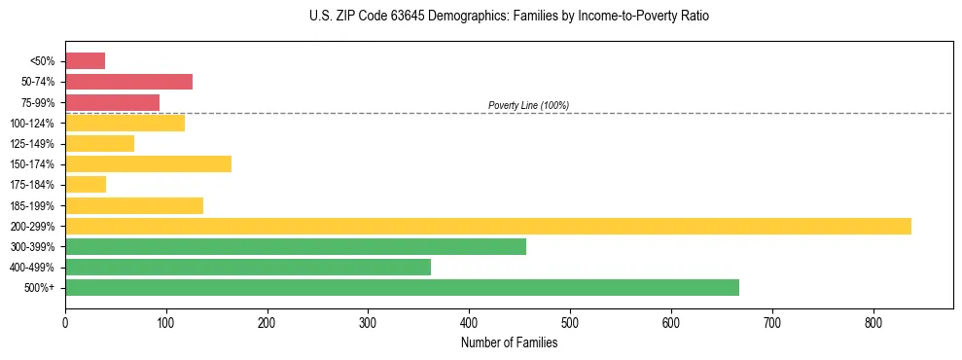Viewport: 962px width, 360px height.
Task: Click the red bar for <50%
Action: tap(85, 61)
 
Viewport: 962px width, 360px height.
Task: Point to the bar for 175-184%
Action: tap(86, 184)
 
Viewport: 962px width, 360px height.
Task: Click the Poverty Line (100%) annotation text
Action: tap(528, 105)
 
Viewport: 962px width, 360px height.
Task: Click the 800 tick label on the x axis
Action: tap(873, 323)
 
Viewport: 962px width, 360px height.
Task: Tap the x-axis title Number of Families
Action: tap(509, 342)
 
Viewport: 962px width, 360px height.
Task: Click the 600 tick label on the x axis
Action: tap(671, 323)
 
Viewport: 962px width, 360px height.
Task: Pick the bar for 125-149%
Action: tap(99, 143)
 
